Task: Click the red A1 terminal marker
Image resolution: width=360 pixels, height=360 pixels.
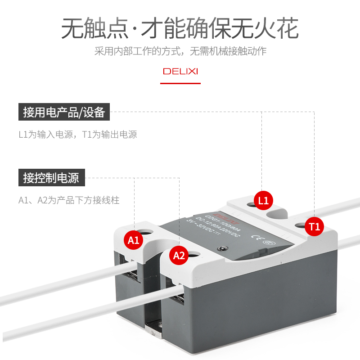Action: (x=134, y=239)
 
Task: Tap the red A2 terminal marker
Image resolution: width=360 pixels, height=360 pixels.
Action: (x=179, y=256)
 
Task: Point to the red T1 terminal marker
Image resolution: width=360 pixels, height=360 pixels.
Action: (x=314, y=227)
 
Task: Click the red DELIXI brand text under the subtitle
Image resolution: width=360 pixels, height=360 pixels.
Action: (x=180, y=72)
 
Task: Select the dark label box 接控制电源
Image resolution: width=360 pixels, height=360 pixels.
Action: (x=51, y=178)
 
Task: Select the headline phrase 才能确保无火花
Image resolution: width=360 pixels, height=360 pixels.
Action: (x=220, y=29)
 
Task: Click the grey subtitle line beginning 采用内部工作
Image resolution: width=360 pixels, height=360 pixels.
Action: (x=180, y=51)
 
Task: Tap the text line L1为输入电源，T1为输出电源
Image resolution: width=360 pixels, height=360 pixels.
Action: (x=77, y=135)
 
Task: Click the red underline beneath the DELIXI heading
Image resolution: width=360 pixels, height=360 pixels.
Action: (x=180, y=83)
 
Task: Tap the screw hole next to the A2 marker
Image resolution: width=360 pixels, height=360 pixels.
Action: (x=194, y=254)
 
